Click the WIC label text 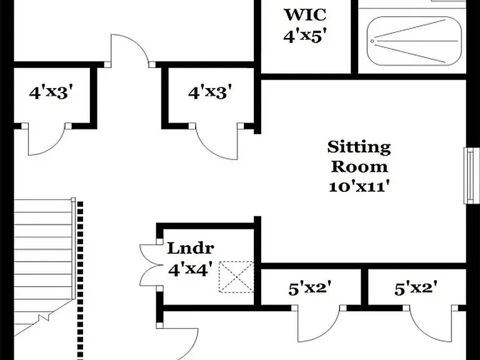pos(305,15)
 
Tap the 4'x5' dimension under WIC pos(303,36)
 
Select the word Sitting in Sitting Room pos(359,148)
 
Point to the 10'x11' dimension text pos(360,187)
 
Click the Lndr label pos(191,248)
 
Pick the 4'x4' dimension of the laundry pos(191,270)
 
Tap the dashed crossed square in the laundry pos(236,277)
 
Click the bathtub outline pos(414,41)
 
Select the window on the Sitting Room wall pos(472,176)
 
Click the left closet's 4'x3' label pos(52,92)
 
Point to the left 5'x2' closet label pos(310,288)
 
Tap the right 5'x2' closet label pos(416,288)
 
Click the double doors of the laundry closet pos(149,265)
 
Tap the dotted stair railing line pos(80,280)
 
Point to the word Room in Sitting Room pos(359,167)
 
